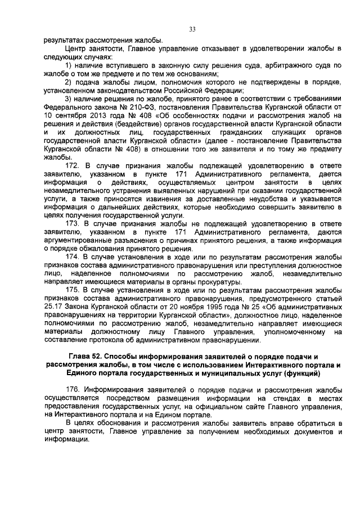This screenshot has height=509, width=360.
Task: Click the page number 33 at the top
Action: point(192,29)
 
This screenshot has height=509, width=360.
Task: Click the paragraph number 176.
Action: point(74,389)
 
